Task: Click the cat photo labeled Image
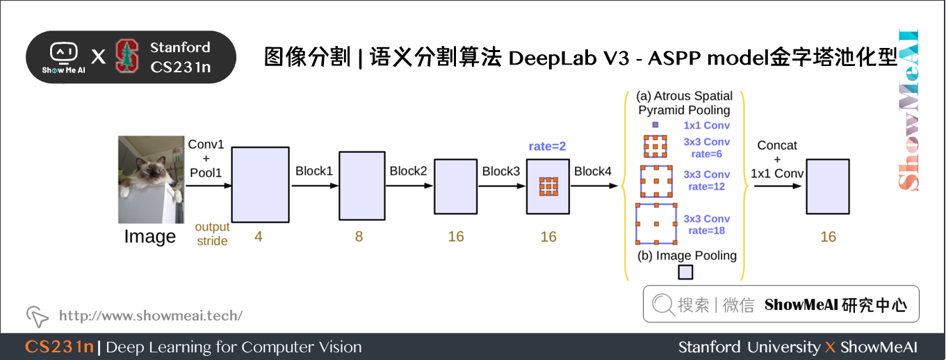pos(151,179)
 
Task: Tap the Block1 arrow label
pos(314,172)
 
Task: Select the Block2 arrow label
pos(408,172)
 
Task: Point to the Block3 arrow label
pos(501,172)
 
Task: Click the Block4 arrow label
pos(593,172)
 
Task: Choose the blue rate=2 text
pos(548,147)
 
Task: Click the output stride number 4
pos(259,237)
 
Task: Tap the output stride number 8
pos(359,237)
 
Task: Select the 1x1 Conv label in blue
pos(706,126)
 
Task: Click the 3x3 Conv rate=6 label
pos(706,148)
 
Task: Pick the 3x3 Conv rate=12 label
pos(706,181)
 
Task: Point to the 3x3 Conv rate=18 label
pos(706,224)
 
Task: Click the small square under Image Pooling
pos(685,272)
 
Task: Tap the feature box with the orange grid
pos(548,187)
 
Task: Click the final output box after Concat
pos(827,186)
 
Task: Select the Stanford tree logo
pos(127,57)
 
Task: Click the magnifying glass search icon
pos(664,304)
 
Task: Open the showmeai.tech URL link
pos(150,316)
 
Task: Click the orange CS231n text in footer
pos(59,347)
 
